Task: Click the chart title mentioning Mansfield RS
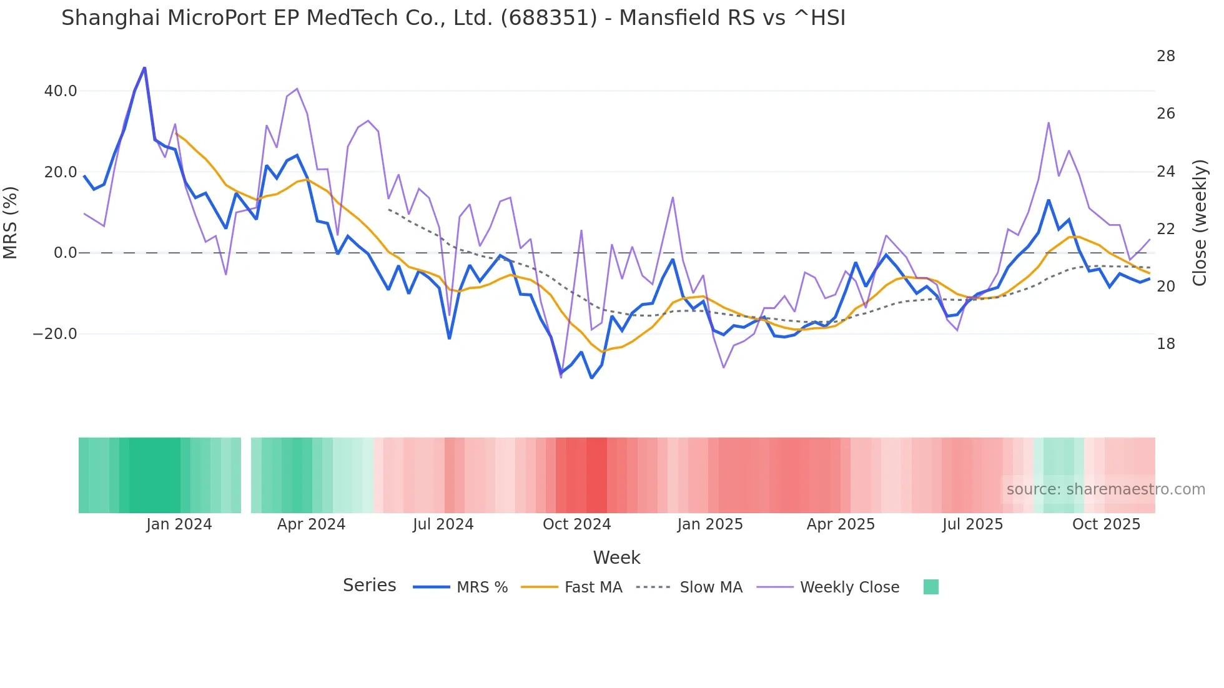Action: coord(453,18)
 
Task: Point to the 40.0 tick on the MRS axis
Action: coord(61,91)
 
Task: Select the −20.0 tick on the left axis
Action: coord(55,334)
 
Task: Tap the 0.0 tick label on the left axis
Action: coord(65,253)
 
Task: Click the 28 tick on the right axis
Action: coord(1165,56)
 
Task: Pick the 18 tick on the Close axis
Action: coord(1165,344)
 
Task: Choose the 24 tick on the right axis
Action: coord(1165,172)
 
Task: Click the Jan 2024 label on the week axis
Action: coord(179,524)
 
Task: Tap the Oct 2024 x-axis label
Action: coord(576,524)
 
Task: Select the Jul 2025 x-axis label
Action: coord(972,524)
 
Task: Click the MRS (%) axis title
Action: coord(11,222)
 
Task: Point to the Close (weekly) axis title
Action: coord(1200,223)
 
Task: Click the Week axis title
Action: coord(616,558)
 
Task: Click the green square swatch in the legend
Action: coord(930,587)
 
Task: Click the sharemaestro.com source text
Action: coord(1105,489)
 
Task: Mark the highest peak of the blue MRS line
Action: coord(144,68)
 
